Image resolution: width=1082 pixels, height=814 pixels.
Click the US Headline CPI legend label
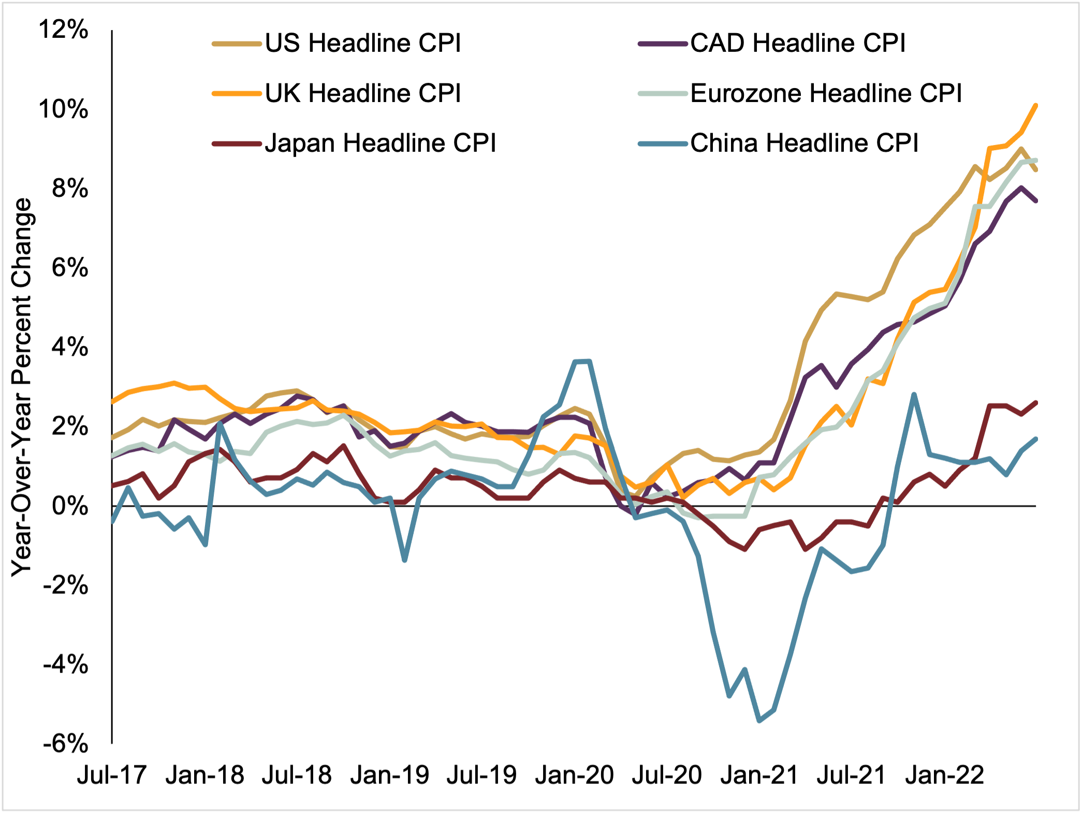362,43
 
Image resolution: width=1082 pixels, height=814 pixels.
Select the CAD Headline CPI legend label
798,43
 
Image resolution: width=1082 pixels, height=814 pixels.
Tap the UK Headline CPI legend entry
362,94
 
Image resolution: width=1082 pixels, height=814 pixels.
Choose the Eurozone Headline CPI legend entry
826,94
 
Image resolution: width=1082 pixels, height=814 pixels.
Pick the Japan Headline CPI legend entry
380,143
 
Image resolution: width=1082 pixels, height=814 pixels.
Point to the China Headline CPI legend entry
804,143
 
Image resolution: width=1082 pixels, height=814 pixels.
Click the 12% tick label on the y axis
64,30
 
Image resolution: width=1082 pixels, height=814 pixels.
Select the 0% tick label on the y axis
70,506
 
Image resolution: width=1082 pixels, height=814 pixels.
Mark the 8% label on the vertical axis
70,188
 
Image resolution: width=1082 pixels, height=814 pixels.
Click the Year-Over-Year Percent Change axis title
22,387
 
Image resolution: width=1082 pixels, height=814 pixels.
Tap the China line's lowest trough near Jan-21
759,720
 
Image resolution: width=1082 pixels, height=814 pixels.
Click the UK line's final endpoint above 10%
1036,106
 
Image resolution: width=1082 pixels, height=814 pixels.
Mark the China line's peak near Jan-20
583,361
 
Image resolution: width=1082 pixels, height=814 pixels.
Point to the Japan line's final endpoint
1036,402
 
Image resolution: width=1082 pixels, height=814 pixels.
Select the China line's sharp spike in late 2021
914,395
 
